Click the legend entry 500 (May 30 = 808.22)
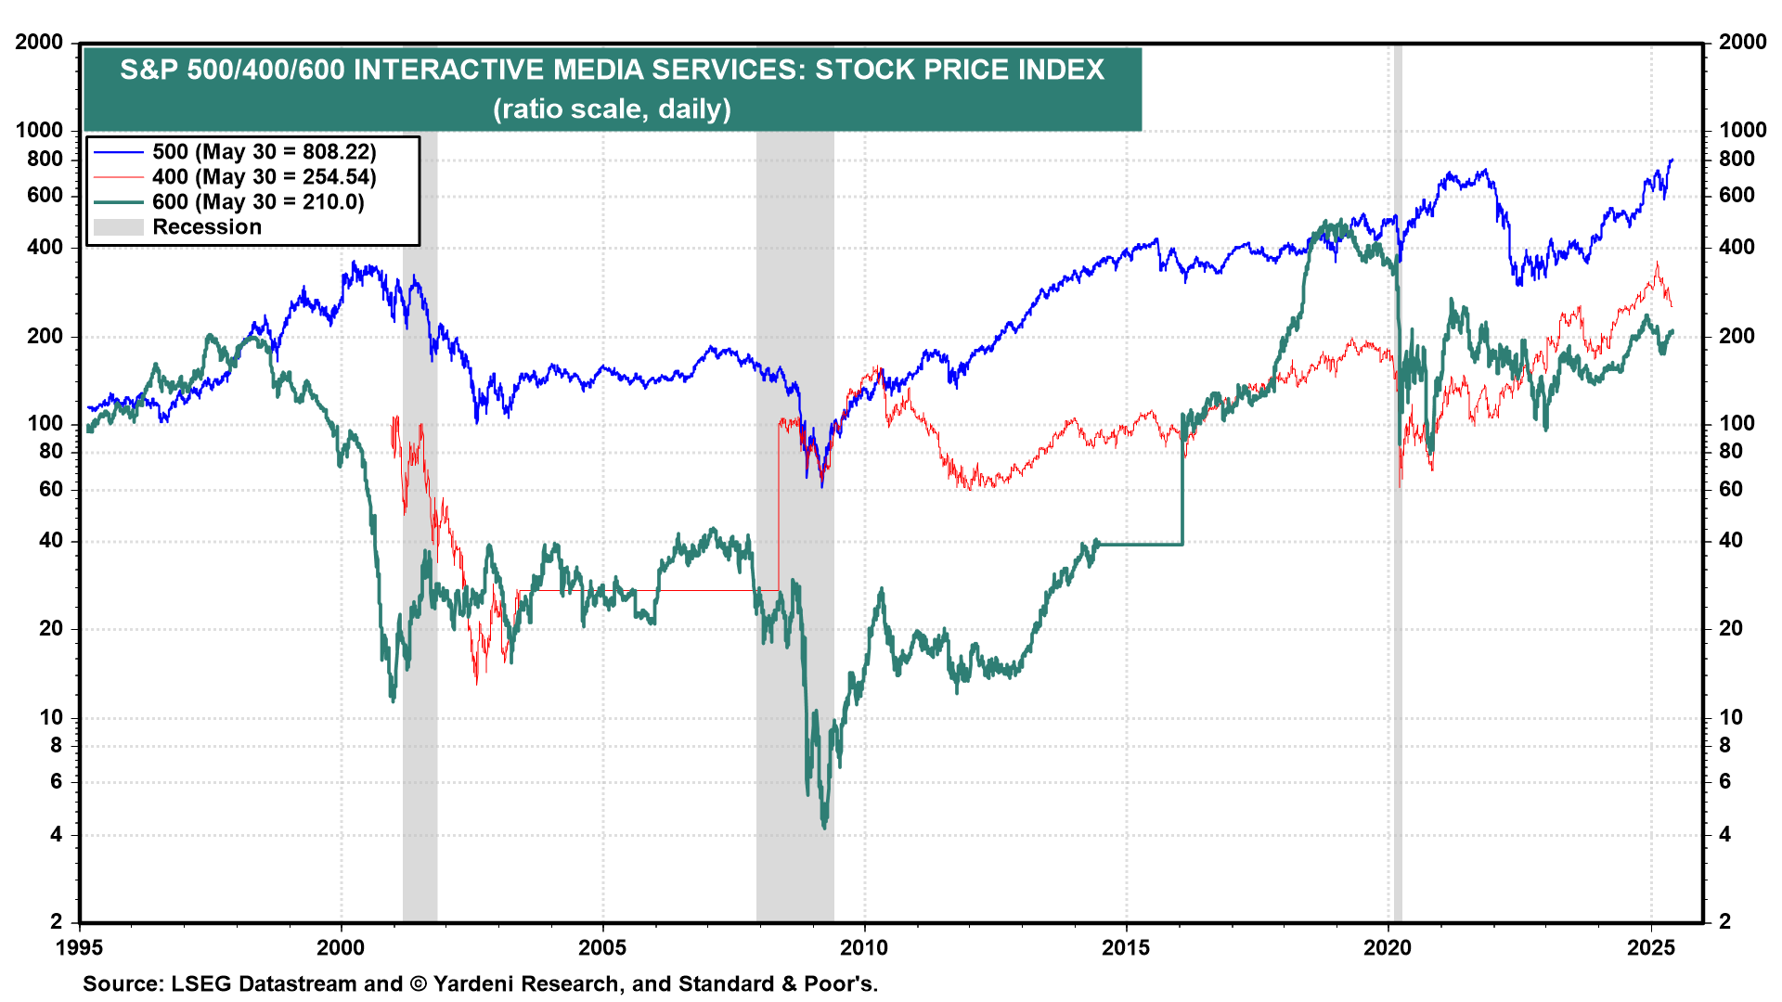click(x=264, y=152)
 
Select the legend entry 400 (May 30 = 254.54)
click(x=264, y=177)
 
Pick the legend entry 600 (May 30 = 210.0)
click(x=258, y=202)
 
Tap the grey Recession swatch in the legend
click(x=119, y=227)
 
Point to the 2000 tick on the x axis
click(x=341, y=948)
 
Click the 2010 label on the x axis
click(x=864, y=948)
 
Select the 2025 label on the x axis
click(x=1650, y=948)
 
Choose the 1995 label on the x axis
click(x=80, y=948)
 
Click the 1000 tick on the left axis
click(x=40, y=131)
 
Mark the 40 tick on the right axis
click(x=1731, y=541)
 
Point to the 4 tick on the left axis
click(x=57, y=835)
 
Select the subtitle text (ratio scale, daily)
click(x=612, y=109)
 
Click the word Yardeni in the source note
click(x=479, y=984)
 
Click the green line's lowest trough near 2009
click(x=824, y=826)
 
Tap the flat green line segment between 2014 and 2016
click(x=1140, y=544)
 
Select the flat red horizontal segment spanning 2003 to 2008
click(x=650, y=590)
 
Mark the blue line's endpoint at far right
click(x=1672, y=160)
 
